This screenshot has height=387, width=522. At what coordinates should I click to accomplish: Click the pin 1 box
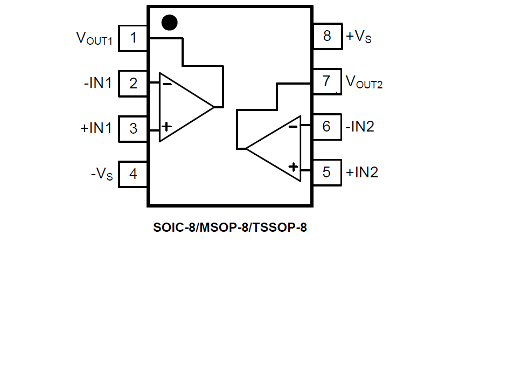pyautogui.click(x=133, y=38)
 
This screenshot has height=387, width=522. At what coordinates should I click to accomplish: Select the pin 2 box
pyautogui.click(x=133, y=84)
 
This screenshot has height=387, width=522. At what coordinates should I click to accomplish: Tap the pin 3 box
pyautogui.click(x=133, y=129)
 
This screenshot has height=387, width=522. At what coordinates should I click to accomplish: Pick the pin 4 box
pyautogui.click(x=133, y=175)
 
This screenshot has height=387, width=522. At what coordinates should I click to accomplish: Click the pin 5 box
pyautogui.click(x=326, y=172)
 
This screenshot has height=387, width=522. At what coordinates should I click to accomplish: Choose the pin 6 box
pyautogui.click(x=326, y=127)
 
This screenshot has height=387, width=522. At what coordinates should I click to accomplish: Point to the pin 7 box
pyautogui.click(x=326, y=81)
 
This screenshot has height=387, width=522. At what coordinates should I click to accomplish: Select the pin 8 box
pyautogui.click(x=326, y=36)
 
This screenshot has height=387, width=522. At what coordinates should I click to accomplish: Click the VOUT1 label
pyautogui.click(x=94, y=38)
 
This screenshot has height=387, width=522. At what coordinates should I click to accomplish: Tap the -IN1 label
pyautogui.click(x=98, y=84)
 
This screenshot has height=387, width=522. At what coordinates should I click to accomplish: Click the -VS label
pyautogui.click(x=102, y=175)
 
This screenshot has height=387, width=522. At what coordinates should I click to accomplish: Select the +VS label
pyautogui.click(x=358, y=37)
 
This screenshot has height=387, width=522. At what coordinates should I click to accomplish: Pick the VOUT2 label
pyautogui.click(x=364, y=82)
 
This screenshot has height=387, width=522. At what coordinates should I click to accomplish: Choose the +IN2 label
pyautogui.click(x=362, y=172)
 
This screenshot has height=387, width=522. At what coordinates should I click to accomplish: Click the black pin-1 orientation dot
pyautogui.click(x=169, y=22)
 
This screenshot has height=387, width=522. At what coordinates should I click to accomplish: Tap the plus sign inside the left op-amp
pyautogui.click(x=167, y=127)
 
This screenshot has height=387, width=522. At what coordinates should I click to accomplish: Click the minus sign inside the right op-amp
pyautogui.click(x=293, y=127)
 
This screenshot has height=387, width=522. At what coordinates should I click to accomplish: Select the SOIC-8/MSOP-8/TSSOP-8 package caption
pyautogui.click(x=230, y=227)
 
